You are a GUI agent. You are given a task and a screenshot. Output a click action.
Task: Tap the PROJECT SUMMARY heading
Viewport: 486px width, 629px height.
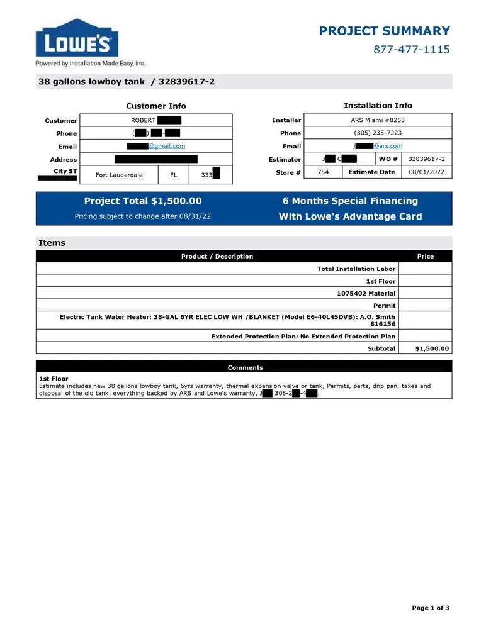[384, 31]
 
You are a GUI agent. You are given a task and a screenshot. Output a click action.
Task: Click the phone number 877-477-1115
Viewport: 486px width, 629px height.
[411, 49]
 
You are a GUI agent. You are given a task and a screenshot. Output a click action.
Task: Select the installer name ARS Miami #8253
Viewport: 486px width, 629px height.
[378, 120]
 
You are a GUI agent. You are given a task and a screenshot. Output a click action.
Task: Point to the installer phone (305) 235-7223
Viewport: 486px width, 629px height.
[378, 133]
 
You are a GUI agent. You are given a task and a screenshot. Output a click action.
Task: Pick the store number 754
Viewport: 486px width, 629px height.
[323, 172]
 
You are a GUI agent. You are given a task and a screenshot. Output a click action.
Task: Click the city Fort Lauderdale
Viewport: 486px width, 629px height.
[119, 175]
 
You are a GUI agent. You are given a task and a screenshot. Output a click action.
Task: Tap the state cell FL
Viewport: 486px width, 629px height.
[173, 175]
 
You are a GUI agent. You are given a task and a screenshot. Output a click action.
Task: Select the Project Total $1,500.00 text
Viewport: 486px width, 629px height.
[143, 201]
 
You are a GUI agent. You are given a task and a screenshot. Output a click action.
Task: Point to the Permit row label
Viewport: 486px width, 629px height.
[384, 305]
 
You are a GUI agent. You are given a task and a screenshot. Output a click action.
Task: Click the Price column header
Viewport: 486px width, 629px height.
[425, 256]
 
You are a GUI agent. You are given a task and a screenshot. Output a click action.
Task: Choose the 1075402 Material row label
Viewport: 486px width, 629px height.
[366, 293]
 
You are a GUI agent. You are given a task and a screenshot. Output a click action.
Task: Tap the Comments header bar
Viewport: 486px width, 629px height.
[245, 367]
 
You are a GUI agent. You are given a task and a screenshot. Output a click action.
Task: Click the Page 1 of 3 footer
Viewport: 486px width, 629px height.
[431, 608]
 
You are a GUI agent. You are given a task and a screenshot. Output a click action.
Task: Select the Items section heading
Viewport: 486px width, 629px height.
[52, 243]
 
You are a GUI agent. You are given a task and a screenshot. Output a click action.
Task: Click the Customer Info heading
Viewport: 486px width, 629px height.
[155, 106]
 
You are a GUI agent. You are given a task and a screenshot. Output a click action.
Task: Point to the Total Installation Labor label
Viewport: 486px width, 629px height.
[356, 269]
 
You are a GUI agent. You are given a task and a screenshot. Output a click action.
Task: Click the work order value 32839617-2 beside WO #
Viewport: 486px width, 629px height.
[426, 159]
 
